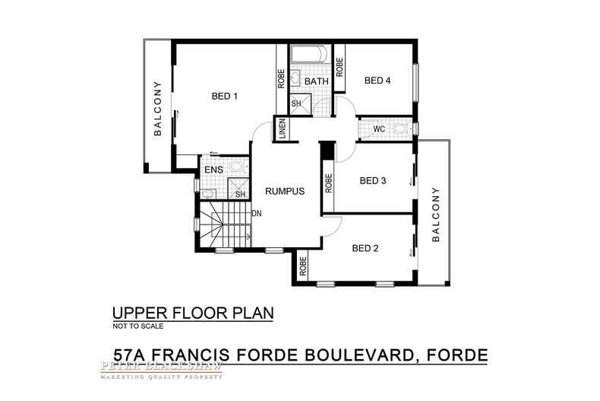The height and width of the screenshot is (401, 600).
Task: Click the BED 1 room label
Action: (225, 96)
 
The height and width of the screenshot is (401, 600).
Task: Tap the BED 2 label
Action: (366, 248)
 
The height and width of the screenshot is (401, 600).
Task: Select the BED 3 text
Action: (373, 180)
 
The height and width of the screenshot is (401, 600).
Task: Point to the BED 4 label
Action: (377, 80)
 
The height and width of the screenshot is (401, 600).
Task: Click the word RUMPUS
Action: (284, 192)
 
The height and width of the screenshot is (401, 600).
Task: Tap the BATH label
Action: (316, 81)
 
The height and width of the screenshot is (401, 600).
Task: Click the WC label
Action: (379, 129)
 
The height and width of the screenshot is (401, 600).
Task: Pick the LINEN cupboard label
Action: (282, 129)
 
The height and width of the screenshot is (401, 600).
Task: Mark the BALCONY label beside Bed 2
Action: (436, 214)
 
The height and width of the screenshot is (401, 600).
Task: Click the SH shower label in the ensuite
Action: (239, 194)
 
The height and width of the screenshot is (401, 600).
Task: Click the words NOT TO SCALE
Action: (137, 325)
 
